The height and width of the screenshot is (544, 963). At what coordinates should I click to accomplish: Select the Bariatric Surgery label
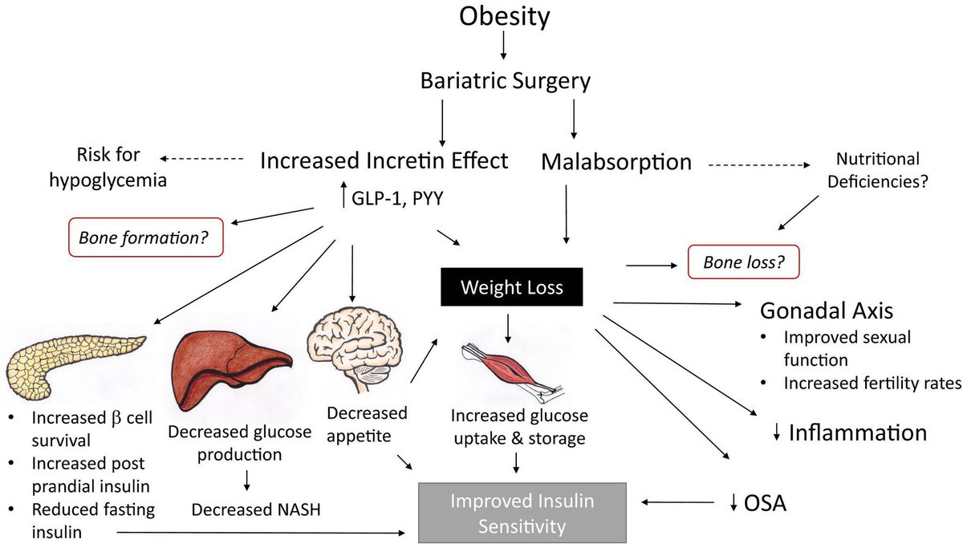[506, 81]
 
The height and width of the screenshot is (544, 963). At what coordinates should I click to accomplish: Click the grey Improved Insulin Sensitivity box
[522, 514]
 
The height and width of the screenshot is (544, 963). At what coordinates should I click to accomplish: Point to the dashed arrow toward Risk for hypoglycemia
[201, 159]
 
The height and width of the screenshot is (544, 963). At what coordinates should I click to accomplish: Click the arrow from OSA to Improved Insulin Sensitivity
[678, 503]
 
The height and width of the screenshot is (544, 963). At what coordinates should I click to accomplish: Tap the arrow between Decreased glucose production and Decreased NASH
[247, 479]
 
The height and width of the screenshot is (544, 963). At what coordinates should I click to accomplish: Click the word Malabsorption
[616, 161]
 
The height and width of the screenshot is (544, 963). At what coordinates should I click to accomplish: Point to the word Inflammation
[857, 433]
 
